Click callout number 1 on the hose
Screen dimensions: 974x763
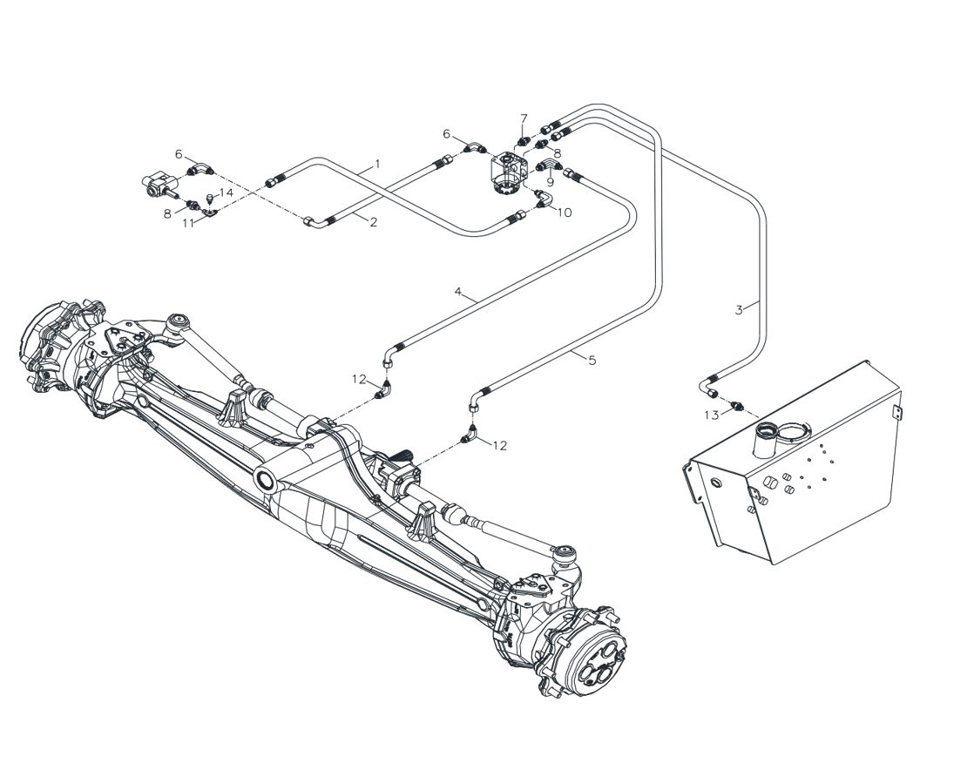click(377, 165)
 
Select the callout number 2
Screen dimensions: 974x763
click(374, 221)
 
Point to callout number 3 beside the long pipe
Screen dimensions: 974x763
click(739, 310)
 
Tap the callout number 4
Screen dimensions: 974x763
click(458, 291)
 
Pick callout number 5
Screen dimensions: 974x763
click(592, 360)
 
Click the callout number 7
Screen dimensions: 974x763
click(524, 118)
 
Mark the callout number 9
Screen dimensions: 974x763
click(550, 183)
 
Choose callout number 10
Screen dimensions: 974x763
click(564, 213)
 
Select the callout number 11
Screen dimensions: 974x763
click(189, 222)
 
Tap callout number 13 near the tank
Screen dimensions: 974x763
click(711, 415)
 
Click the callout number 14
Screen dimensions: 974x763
click(227, 192)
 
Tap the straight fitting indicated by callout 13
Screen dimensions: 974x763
click(737, 405)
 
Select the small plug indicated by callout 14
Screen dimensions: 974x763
click(210, 199)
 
